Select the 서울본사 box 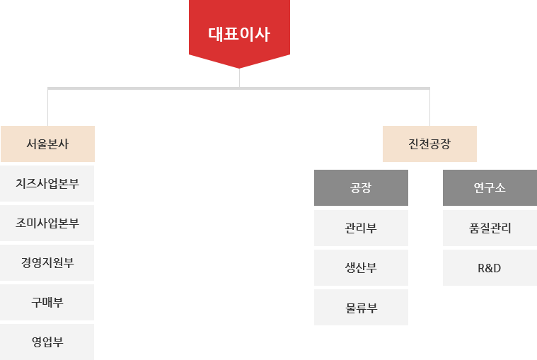click(47, 144)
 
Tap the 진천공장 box click(429, 144)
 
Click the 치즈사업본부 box click(47, 183)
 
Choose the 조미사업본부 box click(47, 223)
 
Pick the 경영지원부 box click(47, 262)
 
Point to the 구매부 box click(47, 302)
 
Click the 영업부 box click(47, 342)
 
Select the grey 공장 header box click(361, 187)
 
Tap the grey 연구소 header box click(489, 187)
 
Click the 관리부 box click(361, 228)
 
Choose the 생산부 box click(361, 267)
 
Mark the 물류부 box click(361, 307)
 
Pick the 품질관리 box click(489, 228)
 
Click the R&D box click(489, 267)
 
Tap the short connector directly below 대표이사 click(239, 77)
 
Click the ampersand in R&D click(489, 267)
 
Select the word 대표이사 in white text click(238, 35)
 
